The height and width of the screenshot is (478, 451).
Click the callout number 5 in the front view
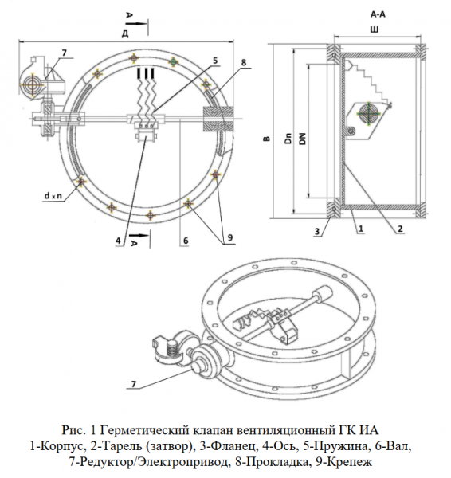[215, 61]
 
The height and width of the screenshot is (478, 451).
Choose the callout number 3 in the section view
[318, 231]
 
